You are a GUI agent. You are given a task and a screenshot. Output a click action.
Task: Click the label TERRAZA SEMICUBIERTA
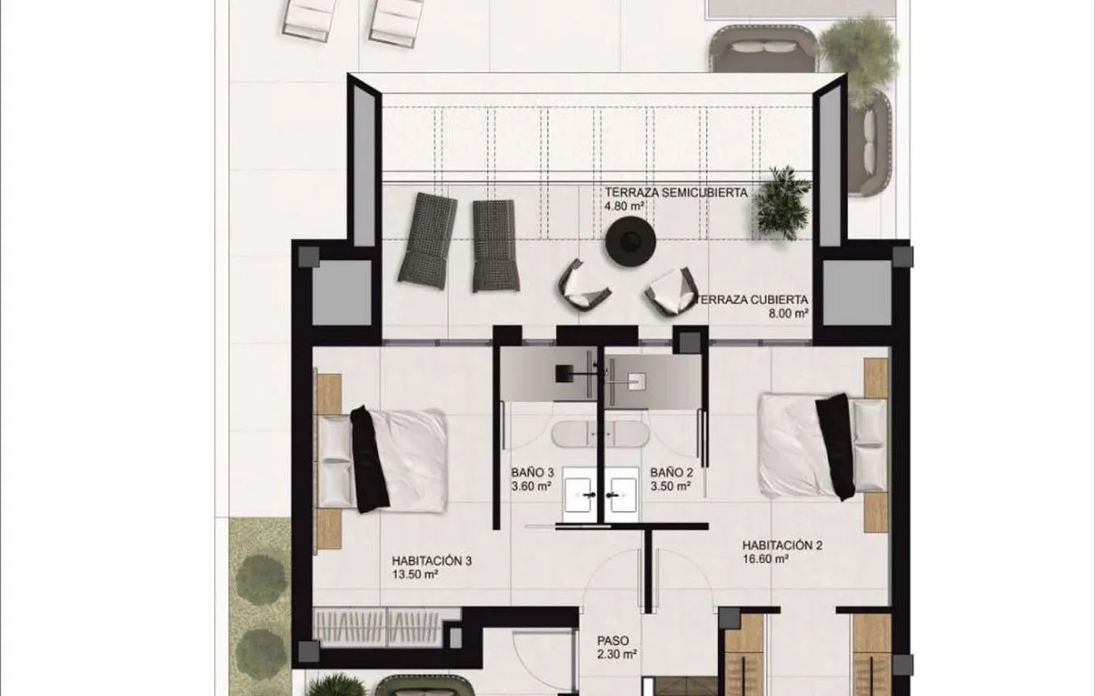675,192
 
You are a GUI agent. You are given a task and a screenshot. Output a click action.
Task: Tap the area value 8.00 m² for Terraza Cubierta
789,314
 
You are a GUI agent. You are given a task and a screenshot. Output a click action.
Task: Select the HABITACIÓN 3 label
431,561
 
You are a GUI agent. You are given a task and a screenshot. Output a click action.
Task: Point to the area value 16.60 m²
765,559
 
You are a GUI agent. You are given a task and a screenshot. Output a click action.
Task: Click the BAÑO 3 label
531,472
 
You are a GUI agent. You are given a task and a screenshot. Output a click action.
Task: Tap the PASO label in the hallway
614,641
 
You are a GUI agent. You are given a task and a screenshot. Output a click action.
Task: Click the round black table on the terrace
630,241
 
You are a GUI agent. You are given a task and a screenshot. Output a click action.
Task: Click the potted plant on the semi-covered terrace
783,203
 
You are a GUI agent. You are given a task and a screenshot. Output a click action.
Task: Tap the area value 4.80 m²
624,205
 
